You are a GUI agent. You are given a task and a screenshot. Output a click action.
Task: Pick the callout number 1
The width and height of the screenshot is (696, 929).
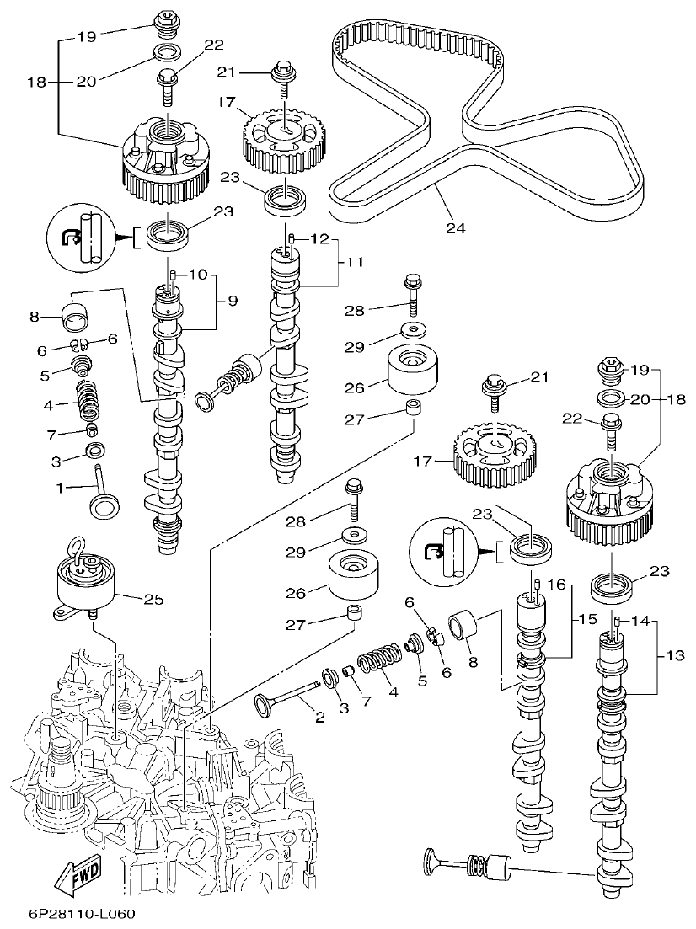59,487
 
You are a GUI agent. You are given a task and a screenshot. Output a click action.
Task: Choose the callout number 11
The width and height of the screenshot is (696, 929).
355,262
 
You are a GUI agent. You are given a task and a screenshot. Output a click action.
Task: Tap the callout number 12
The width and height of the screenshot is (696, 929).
318,238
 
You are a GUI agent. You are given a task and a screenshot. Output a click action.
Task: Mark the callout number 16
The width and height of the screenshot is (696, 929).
555,585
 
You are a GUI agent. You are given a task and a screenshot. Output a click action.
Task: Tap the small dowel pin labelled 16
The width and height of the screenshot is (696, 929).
535,585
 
